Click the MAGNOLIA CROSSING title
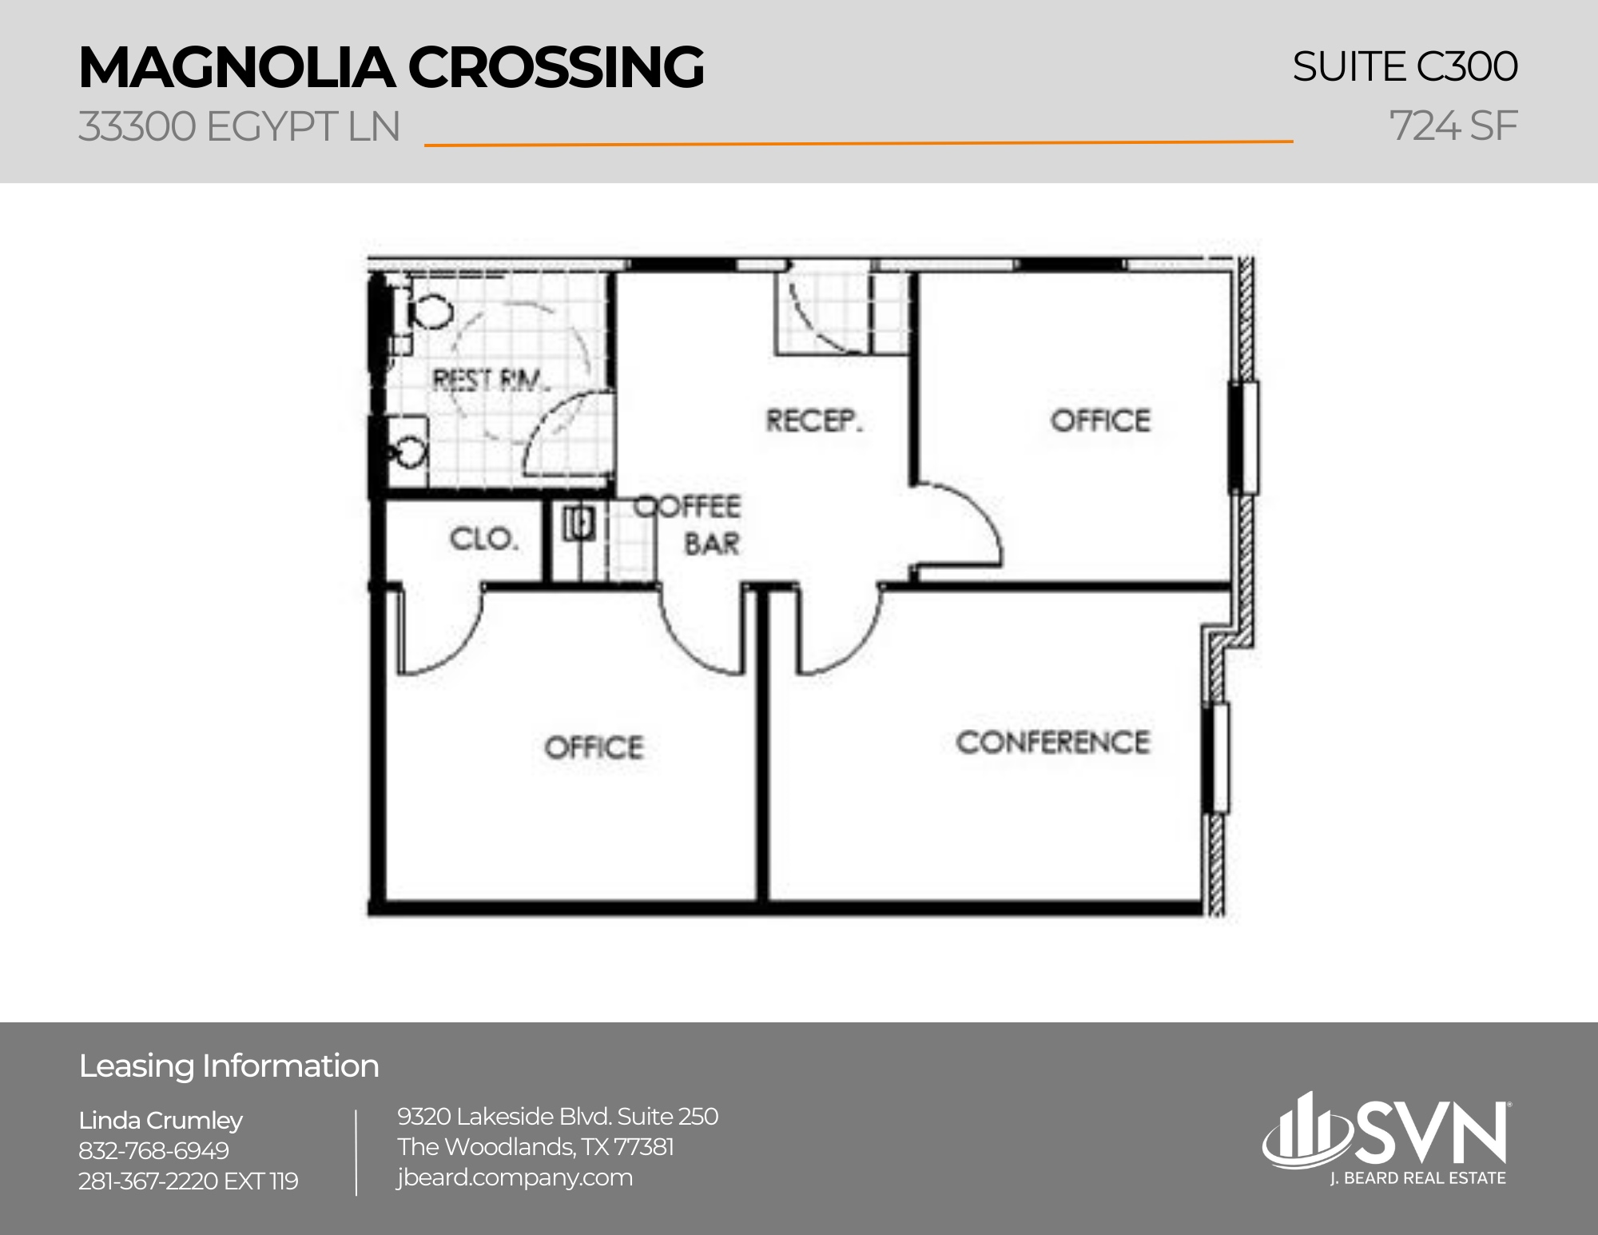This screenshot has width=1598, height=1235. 391,67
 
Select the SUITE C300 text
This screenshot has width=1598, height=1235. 1404,66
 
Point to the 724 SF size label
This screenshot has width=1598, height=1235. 1453,126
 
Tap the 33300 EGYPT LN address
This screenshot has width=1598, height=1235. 239,127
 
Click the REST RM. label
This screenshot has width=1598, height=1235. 491,380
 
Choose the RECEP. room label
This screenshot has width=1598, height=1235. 814,420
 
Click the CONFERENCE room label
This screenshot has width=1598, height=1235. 1052,743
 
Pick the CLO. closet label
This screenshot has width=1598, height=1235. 484,539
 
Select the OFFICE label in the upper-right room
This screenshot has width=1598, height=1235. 1100,420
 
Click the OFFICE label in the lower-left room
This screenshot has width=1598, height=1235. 594,747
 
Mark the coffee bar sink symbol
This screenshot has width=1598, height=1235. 578,524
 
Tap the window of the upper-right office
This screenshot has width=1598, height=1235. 1243,437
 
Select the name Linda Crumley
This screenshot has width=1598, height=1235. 161,1121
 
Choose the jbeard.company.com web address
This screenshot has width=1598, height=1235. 515,1177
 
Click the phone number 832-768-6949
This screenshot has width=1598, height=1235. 153,1150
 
